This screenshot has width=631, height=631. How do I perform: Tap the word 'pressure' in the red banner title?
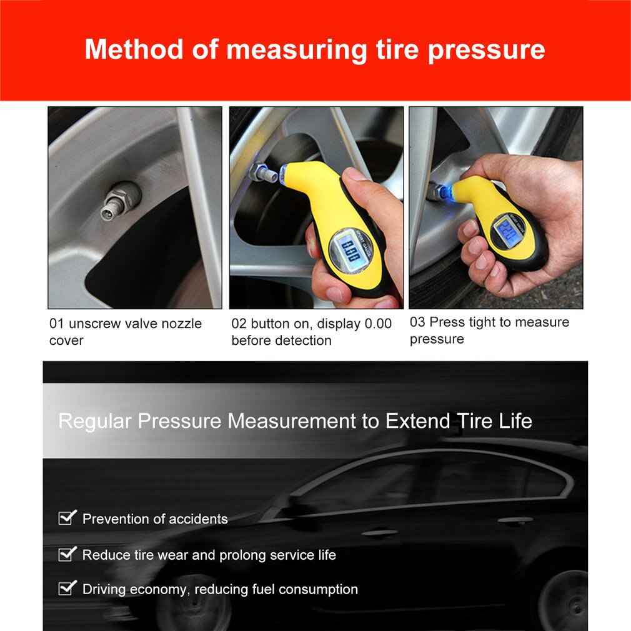tap(486, 51)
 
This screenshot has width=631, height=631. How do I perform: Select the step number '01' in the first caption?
tap(57, 324)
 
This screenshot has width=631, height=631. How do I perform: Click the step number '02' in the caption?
tap(239, 324)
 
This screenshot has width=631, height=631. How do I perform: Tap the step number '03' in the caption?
tap(417, 322)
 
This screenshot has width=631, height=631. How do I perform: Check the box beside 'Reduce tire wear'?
tap(67, 554)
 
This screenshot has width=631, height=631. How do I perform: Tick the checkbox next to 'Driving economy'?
tap(67, 588)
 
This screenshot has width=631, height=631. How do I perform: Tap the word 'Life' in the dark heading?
tap(514, 420)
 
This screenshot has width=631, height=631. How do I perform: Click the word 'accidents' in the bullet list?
tap(197, 519)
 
